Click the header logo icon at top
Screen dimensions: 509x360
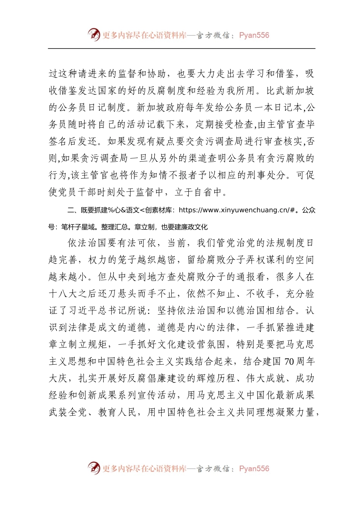[94, 35]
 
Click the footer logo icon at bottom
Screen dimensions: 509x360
[94, 468]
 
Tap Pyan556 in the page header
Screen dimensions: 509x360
[254, 35]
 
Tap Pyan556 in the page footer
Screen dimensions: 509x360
[254, 468]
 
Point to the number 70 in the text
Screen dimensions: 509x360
[289, 362]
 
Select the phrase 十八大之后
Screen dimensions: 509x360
[73, 294]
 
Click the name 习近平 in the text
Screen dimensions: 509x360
[82, 311]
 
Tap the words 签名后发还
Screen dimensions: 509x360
[73, 142]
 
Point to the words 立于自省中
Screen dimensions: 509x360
[198, 192]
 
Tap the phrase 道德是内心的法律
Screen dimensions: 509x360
[197, 328]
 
